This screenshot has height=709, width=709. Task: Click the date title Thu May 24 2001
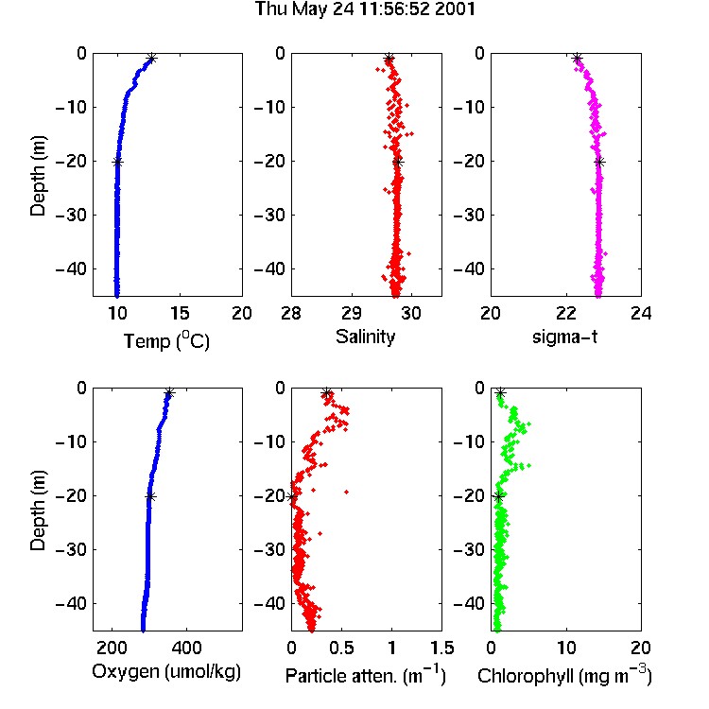coord(365,9)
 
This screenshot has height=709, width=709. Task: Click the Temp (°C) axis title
coord(166,340)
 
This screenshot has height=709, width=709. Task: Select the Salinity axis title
coord(365,337)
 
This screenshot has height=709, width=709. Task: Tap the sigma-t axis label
coord(564,337)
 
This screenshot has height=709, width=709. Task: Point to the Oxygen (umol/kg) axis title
coord(166,672)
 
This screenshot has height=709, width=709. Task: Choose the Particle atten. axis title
coord(365,675)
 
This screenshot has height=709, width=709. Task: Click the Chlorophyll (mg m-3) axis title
coord(564,675)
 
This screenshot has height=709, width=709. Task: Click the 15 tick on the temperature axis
coord(180,313)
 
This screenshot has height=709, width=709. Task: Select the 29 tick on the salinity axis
coord(352,313)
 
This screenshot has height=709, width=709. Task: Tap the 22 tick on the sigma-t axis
coord(566,313)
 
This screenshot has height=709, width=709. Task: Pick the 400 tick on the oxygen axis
coord(186,648)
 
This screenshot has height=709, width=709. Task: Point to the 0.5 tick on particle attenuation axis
coord(341,648)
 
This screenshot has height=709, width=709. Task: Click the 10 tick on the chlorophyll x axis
coord(566,648)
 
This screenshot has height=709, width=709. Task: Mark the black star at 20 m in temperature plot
coord(117,163)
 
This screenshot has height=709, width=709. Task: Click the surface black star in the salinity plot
coord(389,59)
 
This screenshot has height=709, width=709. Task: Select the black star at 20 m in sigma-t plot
coord(599,163)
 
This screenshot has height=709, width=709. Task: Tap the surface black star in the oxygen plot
coord(169,392)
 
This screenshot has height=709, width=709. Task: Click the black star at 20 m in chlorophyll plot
coord(498,497)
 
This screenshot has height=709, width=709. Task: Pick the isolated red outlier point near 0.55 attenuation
coord(347,492)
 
